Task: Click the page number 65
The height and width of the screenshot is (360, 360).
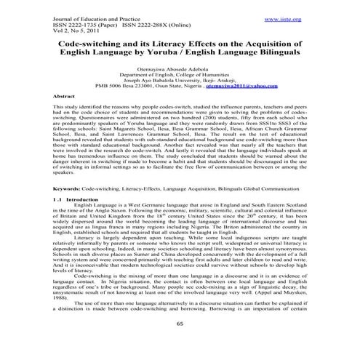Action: tap(180, 323)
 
